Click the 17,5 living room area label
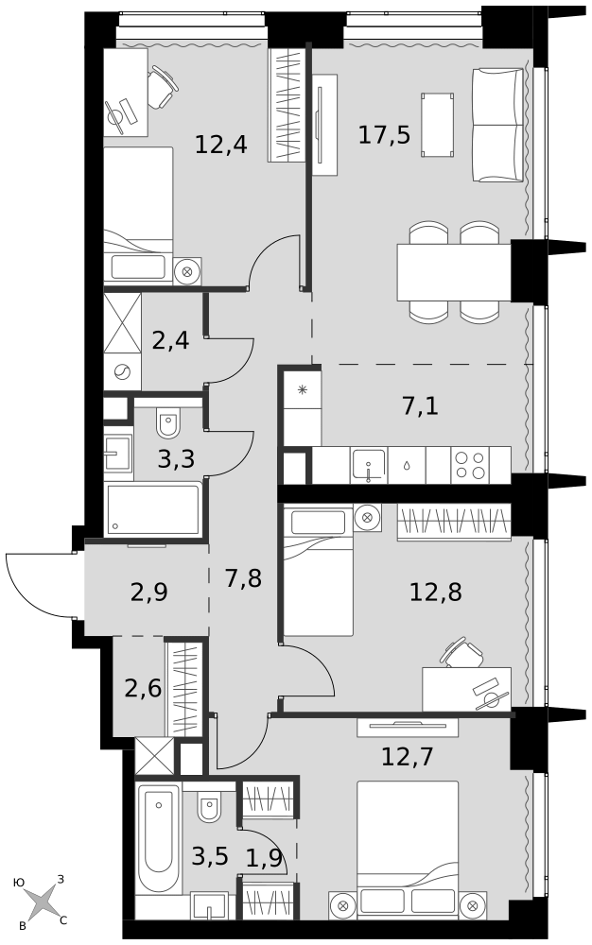click(384, 134)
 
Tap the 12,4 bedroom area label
click(221, 145)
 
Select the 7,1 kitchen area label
click(420, 406)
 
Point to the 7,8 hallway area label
click(243, 579)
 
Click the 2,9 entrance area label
click(148, 593)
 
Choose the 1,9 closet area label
click(264, 857)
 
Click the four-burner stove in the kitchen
click(470, 465)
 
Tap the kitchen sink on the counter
click(369, 466)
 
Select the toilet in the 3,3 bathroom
click(168, 423)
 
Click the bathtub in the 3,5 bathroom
click(158, 838)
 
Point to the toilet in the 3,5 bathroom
click(209, 805)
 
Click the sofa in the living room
click(497, 125)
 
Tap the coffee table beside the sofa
click(438, 125)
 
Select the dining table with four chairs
click(454, 272)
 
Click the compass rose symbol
click(43, 903)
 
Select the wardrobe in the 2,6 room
click(183, 689)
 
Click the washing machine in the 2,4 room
click(122, 371)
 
